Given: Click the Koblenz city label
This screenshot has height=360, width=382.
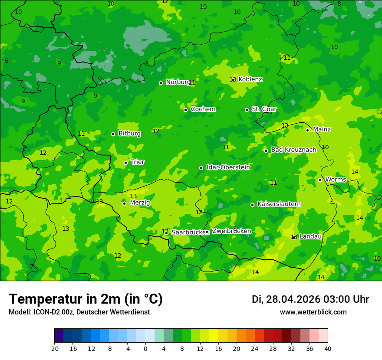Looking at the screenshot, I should coord(250,79).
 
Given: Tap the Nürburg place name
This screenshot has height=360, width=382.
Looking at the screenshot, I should coord(178,82).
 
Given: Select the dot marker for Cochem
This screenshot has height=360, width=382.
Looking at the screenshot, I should coord(185,110).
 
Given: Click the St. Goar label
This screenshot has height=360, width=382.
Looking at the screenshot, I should coord(264,109).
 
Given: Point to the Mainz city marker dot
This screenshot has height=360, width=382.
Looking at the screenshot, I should coord(307,130).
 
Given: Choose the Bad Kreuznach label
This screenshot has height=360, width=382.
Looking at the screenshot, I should coord(293,150).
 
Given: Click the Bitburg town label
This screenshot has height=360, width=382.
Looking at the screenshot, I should coord(129,134).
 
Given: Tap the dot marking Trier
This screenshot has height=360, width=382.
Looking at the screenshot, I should coord(125,163).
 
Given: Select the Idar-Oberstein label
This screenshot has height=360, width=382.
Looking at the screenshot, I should coord(228,167).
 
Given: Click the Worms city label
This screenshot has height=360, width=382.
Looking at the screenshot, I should coord(336,180).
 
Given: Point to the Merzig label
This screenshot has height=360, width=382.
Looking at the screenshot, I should coord(140,203).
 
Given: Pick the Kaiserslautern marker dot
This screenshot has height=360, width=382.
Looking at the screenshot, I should coord(252,205).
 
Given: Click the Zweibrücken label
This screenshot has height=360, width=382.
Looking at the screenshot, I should coord(231,231).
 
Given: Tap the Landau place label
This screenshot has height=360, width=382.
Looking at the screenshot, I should coord(310,236).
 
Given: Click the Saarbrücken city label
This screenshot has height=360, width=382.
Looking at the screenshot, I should coord(188,232).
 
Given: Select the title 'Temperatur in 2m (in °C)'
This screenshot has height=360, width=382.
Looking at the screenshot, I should coord(86,299).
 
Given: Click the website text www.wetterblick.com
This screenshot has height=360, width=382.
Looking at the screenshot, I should coord(313,312).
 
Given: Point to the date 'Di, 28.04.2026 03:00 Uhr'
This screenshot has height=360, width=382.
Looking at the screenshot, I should coord(310,299).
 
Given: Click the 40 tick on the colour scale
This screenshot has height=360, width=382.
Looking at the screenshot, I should coord(328,348).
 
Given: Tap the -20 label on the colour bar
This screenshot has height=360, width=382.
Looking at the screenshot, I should coord(54,348).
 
